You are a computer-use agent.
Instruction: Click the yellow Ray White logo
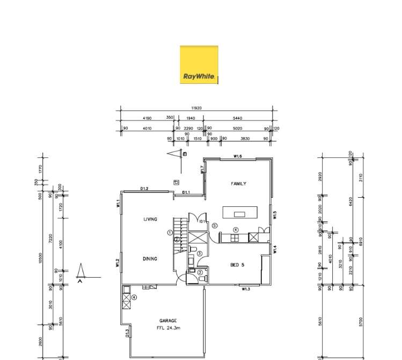tap(199, 64)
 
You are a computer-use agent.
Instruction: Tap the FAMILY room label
tap(238, 184)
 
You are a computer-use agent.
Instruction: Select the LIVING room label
tap(150, 219)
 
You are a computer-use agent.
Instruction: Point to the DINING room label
tap(150, 259)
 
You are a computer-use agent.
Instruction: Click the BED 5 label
tap(238, 264)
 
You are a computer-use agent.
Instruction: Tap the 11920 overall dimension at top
tap(198, 107)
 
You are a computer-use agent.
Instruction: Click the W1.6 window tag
tap(238, 156)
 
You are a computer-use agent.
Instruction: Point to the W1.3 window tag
tap(246, 289)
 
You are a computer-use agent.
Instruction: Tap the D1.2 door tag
tap(144, 189)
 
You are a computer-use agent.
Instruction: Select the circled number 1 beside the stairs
tap(170, 233)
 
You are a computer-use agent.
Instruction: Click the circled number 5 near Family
tap(214, 226)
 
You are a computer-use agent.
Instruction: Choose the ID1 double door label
tap(202, 221)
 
